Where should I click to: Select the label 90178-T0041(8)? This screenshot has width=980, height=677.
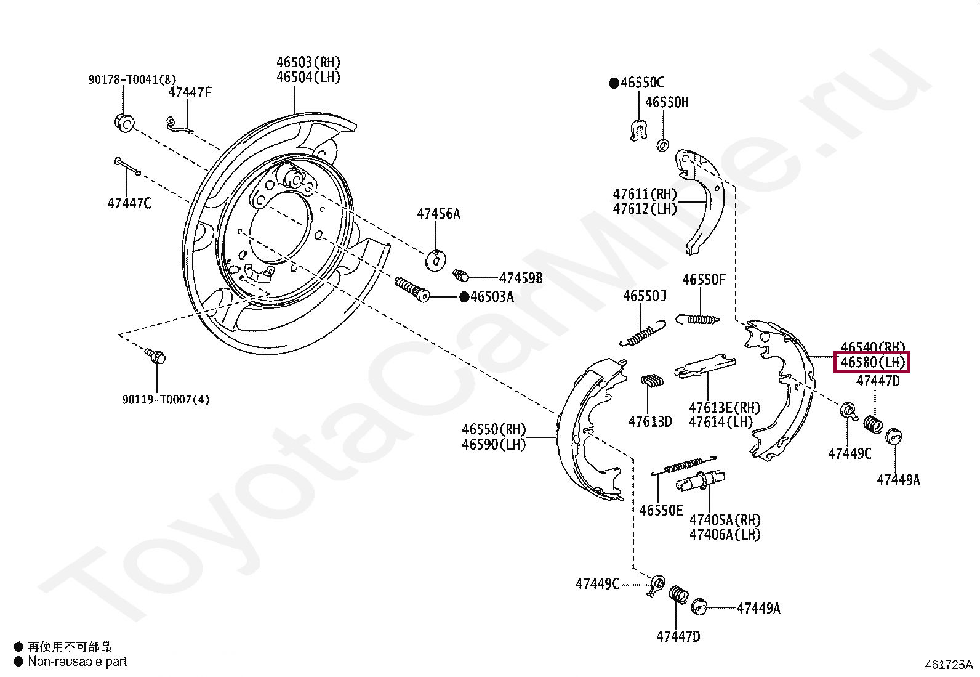coord(132,79)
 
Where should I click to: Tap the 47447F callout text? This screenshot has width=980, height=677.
coord(190,92)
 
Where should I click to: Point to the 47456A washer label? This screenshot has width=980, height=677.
coord(438,214)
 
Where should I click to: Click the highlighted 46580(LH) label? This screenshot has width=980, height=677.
coord(872,363)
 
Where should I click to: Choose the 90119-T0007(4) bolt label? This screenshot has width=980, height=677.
coord(166,400)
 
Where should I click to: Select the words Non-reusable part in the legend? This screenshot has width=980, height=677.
coord(77,662)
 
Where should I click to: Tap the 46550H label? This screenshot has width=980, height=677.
coord(667,102)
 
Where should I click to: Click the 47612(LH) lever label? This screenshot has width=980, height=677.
coord(645,209)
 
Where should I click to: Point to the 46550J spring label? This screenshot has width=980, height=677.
coord(645,296)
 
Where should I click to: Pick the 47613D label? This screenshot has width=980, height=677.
coord(650,421)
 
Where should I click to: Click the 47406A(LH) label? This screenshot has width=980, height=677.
coord(725,534)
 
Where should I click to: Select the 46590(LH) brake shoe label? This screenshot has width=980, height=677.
coord(494,444)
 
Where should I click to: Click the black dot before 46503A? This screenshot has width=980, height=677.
coord(464,297)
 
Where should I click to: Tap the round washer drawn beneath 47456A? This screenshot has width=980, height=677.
coord(436,259)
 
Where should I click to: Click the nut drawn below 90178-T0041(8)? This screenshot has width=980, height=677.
coord(124,123)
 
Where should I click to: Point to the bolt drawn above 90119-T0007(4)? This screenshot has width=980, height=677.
coord(156,355)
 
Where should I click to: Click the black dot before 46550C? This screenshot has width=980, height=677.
coord(614,83)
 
